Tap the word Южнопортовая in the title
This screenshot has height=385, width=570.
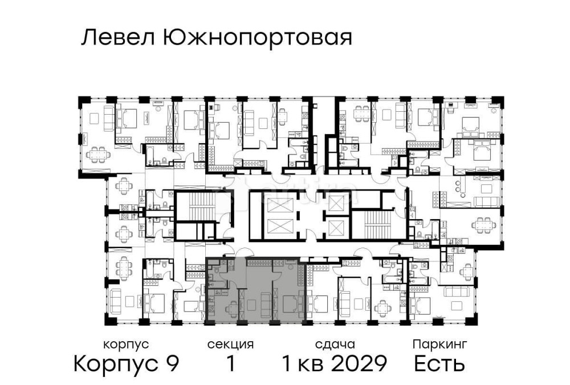pos(257,39)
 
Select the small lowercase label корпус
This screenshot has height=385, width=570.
pos(126,345)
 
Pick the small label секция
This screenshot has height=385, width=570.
pos(230,345)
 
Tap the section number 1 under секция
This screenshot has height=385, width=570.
pos(230,363)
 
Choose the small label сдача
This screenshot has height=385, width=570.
pos(336,345)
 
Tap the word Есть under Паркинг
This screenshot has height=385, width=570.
pos(439,363)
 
